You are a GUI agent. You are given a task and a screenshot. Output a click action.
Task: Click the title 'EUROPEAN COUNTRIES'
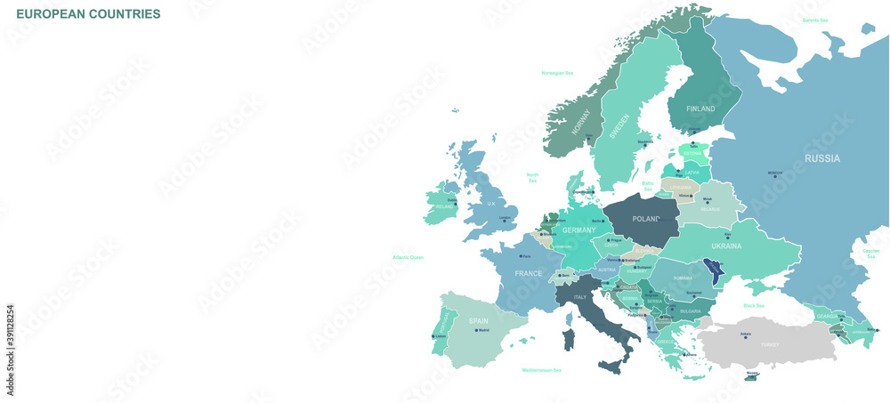(88, 14)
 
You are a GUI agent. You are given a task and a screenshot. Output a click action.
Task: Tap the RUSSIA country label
(821, 158)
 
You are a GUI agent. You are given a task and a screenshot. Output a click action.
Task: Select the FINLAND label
(700, 109)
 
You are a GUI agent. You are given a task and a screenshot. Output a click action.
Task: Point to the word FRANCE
(528, 274)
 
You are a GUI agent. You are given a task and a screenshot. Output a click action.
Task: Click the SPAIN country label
(479, 321)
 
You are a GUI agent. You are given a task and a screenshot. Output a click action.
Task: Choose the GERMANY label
(578, 230)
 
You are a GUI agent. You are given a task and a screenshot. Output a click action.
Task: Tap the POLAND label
(645, 219)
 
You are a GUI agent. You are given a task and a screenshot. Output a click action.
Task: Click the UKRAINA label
(726, 246)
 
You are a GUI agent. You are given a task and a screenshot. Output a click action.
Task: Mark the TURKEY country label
(769, 343)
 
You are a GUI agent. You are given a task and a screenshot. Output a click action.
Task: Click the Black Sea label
(754, 305)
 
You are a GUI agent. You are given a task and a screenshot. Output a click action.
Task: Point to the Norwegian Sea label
(557, 73)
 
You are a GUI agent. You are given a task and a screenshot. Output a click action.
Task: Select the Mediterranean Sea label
(542, 370)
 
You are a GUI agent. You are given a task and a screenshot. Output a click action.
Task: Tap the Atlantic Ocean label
(409, 257)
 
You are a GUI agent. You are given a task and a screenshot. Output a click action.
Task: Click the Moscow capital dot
(775, 176)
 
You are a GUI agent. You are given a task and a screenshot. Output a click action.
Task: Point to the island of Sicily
(611, 366)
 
